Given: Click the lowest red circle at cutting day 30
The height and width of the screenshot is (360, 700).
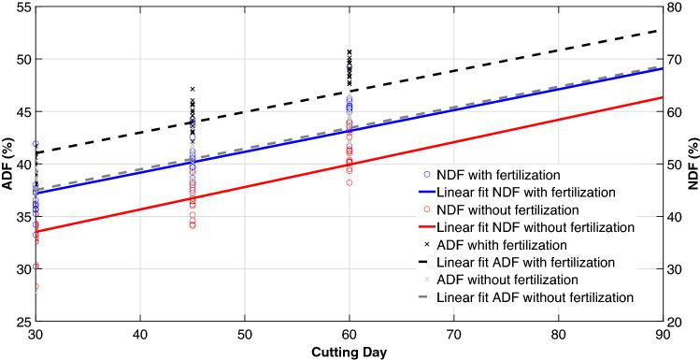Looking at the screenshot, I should [x=36, y=287].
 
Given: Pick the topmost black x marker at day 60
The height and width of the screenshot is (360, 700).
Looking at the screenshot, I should [x=350, y=52].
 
